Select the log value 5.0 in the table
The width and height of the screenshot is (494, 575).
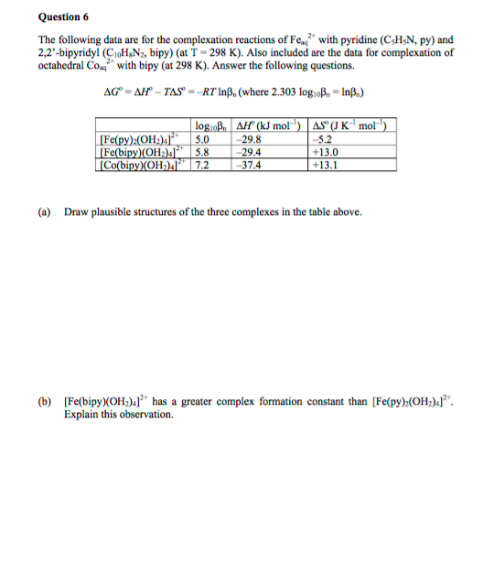[203, 139]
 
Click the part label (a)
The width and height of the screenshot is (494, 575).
[44, 212]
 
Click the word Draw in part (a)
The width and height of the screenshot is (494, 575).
[75, 212]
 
